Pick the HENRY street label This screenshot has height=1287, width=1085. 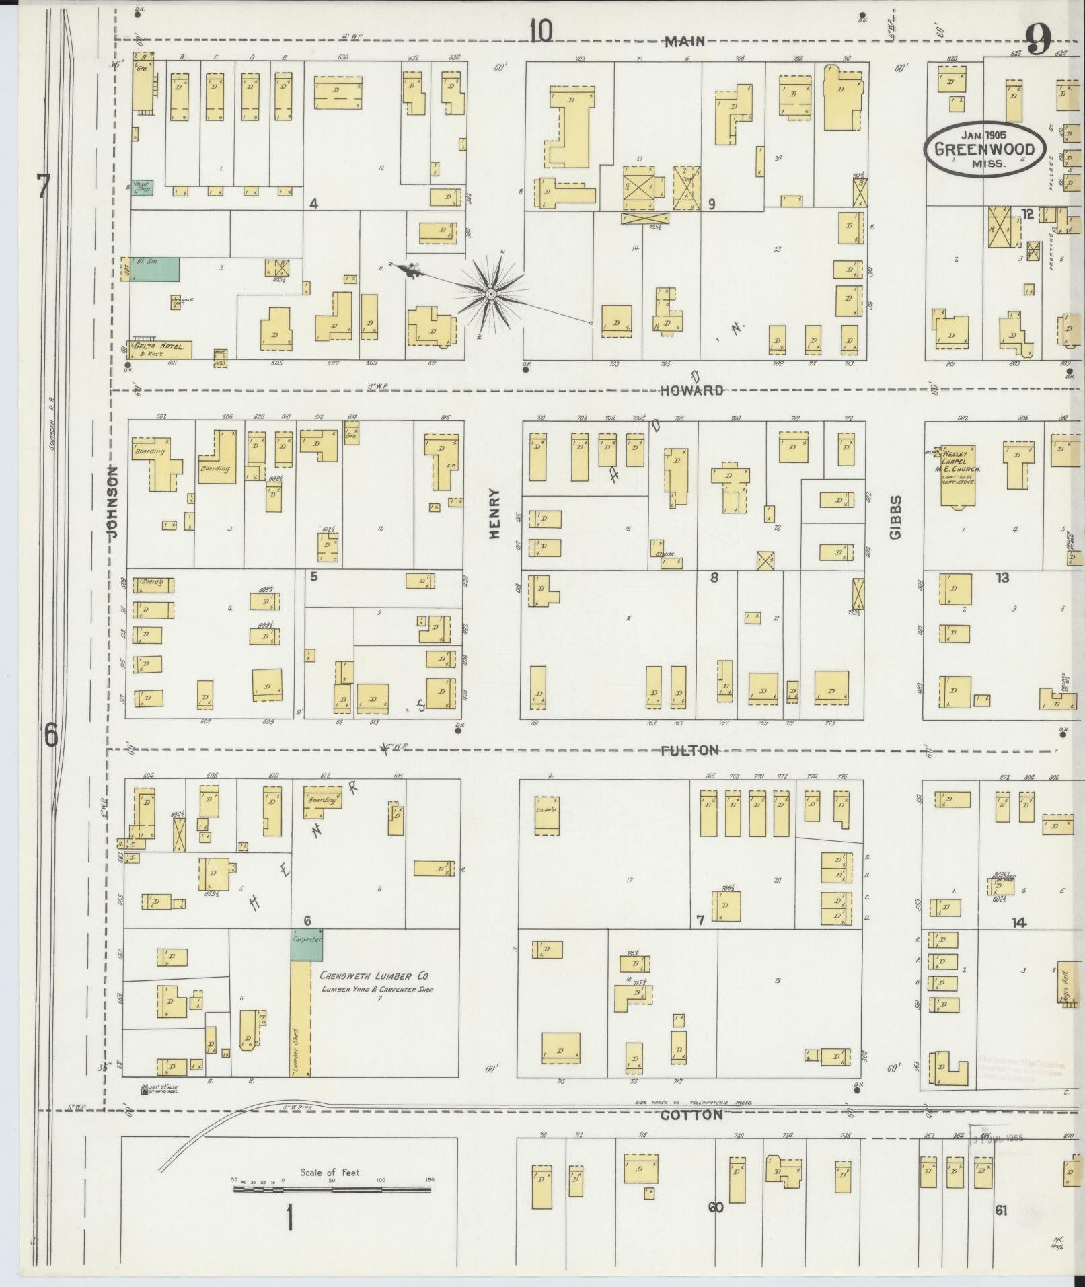pos(495,513)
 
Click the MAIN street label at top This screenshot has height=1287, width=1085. pos(685,42)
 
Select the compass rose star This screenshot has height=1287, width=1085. pos(490,294)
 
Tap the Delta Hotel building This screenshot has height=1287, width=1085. pos(161,349)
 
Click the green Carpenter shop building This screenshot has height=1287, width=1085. pos(306,945)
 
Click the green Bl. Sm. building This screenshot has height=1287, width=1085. pos(155,268)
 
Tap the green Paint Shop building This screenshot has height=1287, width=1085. pos(143,188)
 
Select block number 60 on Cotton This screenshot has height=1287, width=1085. pos(715,1207)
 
